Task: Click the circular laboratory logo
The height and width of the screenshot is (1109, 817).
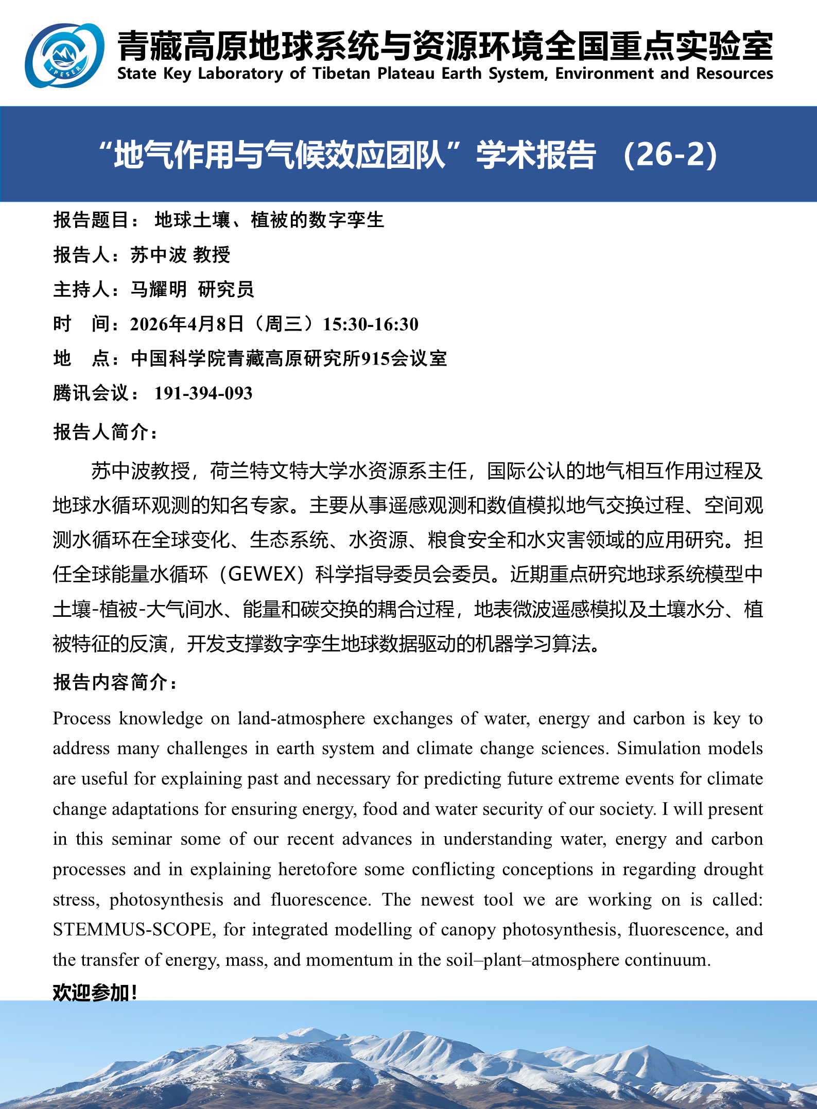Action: coord(65,55)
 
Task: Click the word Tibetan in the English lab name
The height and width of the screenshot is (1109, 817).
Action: coord(341,74)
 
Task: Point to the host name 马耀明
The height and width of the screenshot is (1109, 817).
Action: coord(158,289)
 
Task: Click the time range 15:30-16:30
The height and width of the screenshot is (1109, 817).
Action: coord(370,324)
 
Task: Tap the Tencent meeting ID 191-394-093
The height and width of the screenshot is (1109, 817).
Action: coord(203,393)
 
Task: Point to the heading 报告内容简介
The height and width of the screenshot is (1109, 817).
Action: coord(114,682)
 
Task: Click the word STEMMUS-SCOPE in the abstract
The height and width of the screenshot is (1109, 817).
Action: coord(132,930)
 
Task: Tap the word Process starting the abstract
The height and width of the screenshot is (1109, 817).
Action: coord(82,719)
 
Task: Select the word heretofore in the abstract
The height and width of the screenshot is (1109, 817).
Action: coord(318,870)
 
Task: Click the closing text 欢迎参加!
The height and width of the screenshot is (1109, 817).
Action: coord(95,992)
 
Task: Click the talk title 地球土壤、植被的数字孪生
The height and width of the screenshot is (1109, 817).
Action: coord(269,220)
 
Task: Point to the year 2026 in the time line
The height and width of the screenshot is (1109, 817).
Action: coord(149,324)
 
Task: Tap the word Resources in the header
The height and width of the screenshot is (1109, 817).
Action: coord(735,74)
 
